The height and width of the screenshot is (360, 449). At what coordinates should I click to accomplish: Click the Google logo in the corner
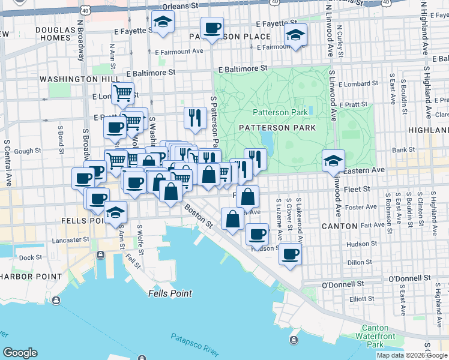click(x=20, y=353)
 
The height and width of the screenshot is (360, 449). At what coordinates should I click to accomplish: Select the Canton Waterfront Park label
click(x=376, y=336)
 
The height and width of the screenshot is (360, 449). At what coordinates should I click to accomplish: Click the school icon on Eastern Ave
click(x=333, y=161)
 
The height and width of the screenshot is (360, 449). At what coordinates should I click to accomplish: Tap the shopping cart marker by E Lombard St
click(x=122, y=94)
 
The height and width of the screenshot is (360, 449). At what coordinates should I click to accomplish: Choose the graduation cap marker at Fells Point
click(x=115, y=213)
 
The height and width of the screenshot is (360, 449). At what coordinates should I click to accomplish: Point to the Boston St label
click(x=199, y=217)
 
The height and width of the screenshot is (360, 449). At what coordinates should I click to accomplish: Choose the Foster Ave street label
click(x=361, y=208)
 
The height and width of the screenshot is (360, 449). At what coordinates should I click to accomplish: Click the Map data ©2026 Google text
click(x=412, y=355)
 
